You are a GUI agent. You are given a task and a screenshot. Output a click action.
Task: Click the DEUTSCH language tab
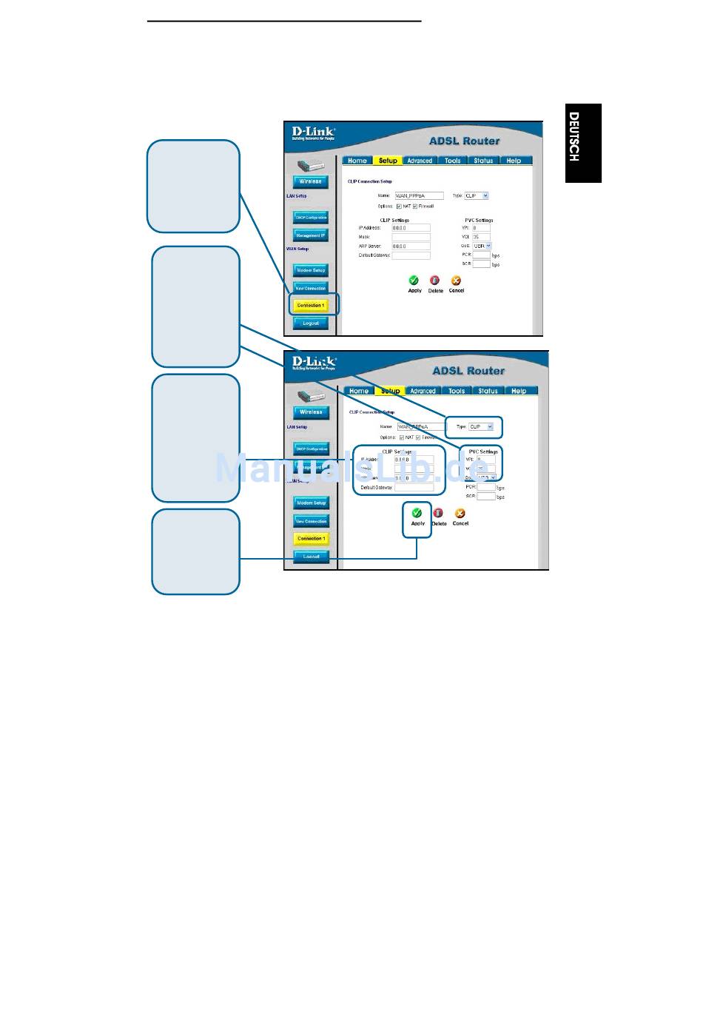click(583, 143)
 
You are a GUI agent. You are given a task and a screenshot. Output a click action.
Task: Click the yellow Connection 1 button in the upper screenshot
click(310, 305)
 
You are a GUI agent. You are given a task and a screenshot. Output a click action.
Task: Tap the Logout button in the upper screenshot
click(310, 323)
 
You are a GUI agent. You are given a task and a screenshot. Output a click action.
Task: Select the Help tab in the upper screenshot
click(514, 161)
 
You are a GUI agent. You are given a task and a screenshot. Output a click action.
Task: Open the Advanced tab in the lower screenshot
click(423, 391)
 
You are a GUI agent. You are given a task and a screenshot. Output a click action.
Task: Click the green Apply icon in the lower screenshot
click(417, 512)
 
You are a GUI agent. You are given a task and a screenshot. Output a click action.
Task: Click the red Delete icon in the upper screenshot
click(435, 281)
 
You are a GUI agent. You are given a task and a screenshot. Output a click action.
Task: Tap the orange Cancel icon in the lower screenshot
click(460, 513)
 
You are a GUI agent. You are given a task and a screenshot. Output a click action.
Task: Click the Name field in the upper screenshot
click(419, 196)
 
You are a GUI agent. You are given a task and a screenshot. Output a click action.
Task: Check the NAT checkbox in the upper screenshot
click(399, 207)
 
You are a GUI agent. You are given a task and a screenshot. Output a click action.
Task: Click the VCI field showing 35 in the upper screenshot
click(480, 237)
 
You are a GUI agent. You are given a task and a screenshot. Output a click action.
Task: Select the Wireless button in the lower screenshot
click(311, 412)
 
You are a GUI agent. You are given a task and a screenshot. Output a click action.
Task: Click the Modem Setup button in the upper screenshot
click(311, 270)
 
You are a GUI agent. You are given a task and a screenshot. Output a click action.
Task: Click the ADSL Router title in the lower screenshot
click(468, 371)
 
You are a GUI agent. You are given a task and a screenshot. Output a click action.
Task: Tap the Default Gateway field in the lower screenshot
click(414, 488)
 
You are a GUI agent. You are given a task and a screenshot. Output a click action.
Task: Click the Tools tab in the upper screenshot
click(452, 161)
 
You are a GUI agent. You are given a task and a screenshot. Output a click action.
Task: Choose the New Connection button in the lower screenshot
click(311, 521)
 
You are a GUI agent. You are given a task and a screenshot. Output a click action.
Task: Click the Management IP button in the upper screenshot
click(311, 235)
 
